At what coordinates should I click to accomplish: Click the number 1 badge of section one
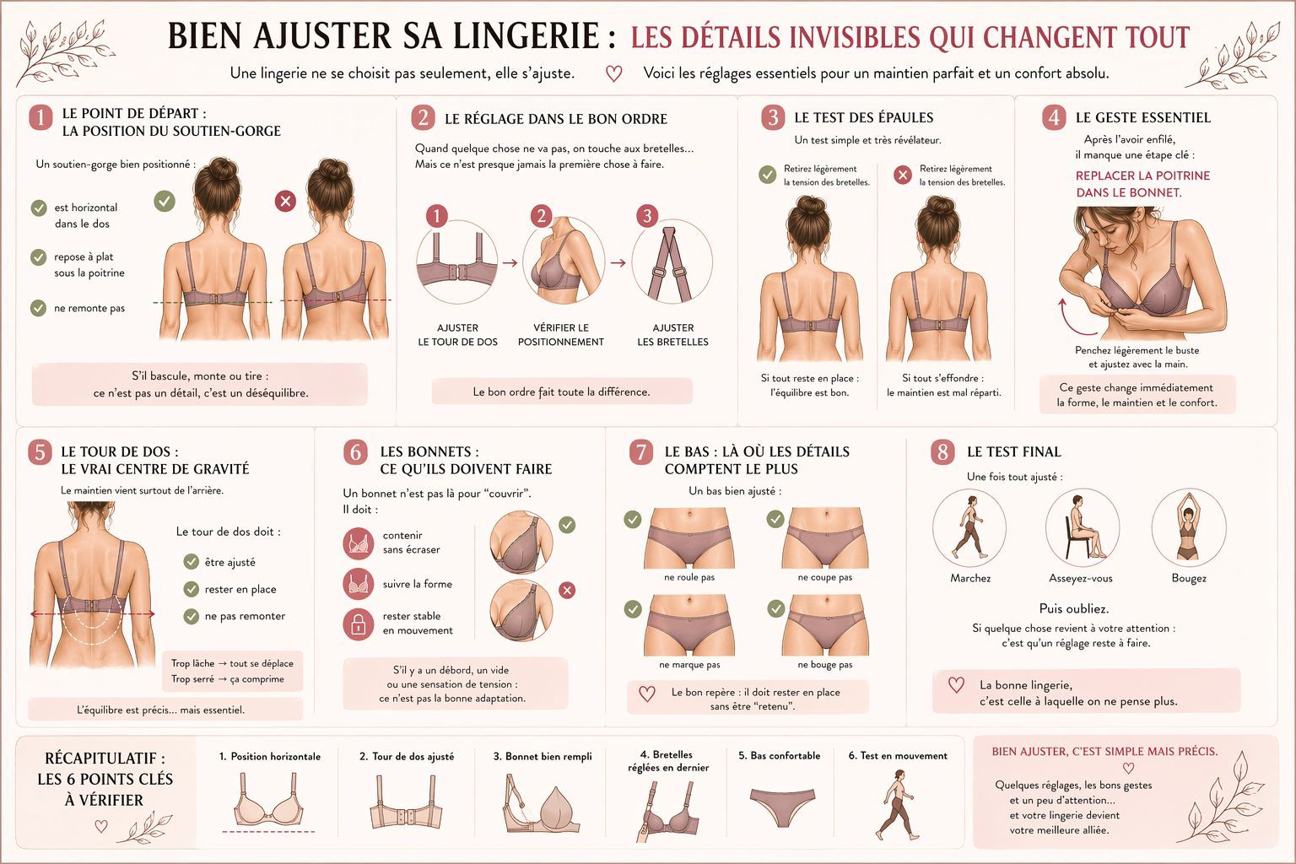point(40,116)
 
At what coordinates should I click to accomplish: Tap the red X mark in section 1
point(286,201)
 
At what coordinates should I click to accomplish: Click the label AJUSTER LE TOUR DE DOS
point(457,335)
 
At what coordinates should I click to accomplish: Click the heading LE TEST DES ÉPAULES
point(863,117)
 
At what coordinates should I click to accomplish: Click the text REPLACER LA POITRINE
point(1142,175)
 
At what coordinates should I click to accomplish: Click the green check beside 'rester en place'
point(192,589)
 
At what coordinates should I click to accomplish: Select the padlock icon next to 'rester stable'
point(359,624)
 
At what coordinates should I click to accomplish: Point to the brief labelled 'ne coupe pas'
point(824,547)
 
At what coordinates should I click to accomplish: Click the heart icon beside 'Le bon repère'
point(647,694)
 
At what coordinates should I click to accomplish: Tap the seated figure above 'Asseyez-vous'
point(1082,528)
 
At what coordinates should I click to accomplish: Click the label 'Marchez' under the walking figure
point(970,579)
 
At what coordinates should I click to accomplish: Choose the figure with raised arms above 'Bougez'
point(1188,528)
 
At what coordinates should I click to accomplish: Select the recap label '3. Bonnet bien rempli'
point(543,757)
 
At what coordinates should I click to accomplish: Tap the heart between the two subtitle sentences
point(614,73)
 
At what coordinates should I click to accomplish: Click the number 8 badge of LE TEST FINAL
point(942,452)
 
